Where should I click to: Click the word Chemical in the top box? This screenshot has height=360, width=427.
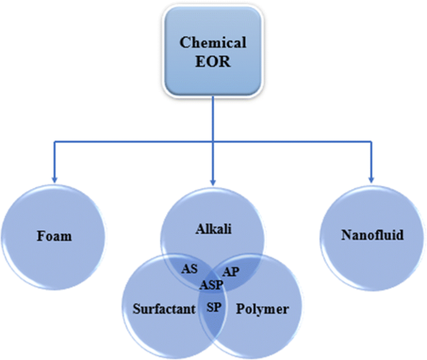tap(213, 43)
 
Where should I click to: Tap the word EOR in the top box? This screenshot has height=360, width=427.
tap(213, 62)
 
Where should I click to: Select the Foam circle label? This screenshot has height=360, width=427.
tap(54, 236)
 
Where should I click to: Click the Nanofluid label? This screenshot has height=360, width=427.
tap(373, 235)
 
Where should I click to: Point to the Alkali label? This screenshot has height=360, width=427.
tap(214, 229)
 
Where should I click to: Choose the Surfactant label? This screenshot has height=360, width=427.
tap(163, 308)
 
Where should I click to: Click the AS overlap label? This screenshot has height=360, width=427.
tap(188, 269)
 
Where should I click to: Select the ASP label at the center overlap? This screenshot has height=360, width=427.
tap(213, 285)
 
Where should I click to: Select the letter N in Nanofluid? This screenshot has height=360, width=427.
tap(346, 235)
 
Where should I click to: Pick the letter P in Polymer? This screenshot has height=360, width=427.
tap(241, 308)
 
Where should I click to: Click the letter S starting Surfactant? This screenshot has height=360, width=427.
tap(137, 308)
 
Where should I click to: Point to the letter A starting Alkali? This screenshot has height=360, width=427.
tap(199, 229)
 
